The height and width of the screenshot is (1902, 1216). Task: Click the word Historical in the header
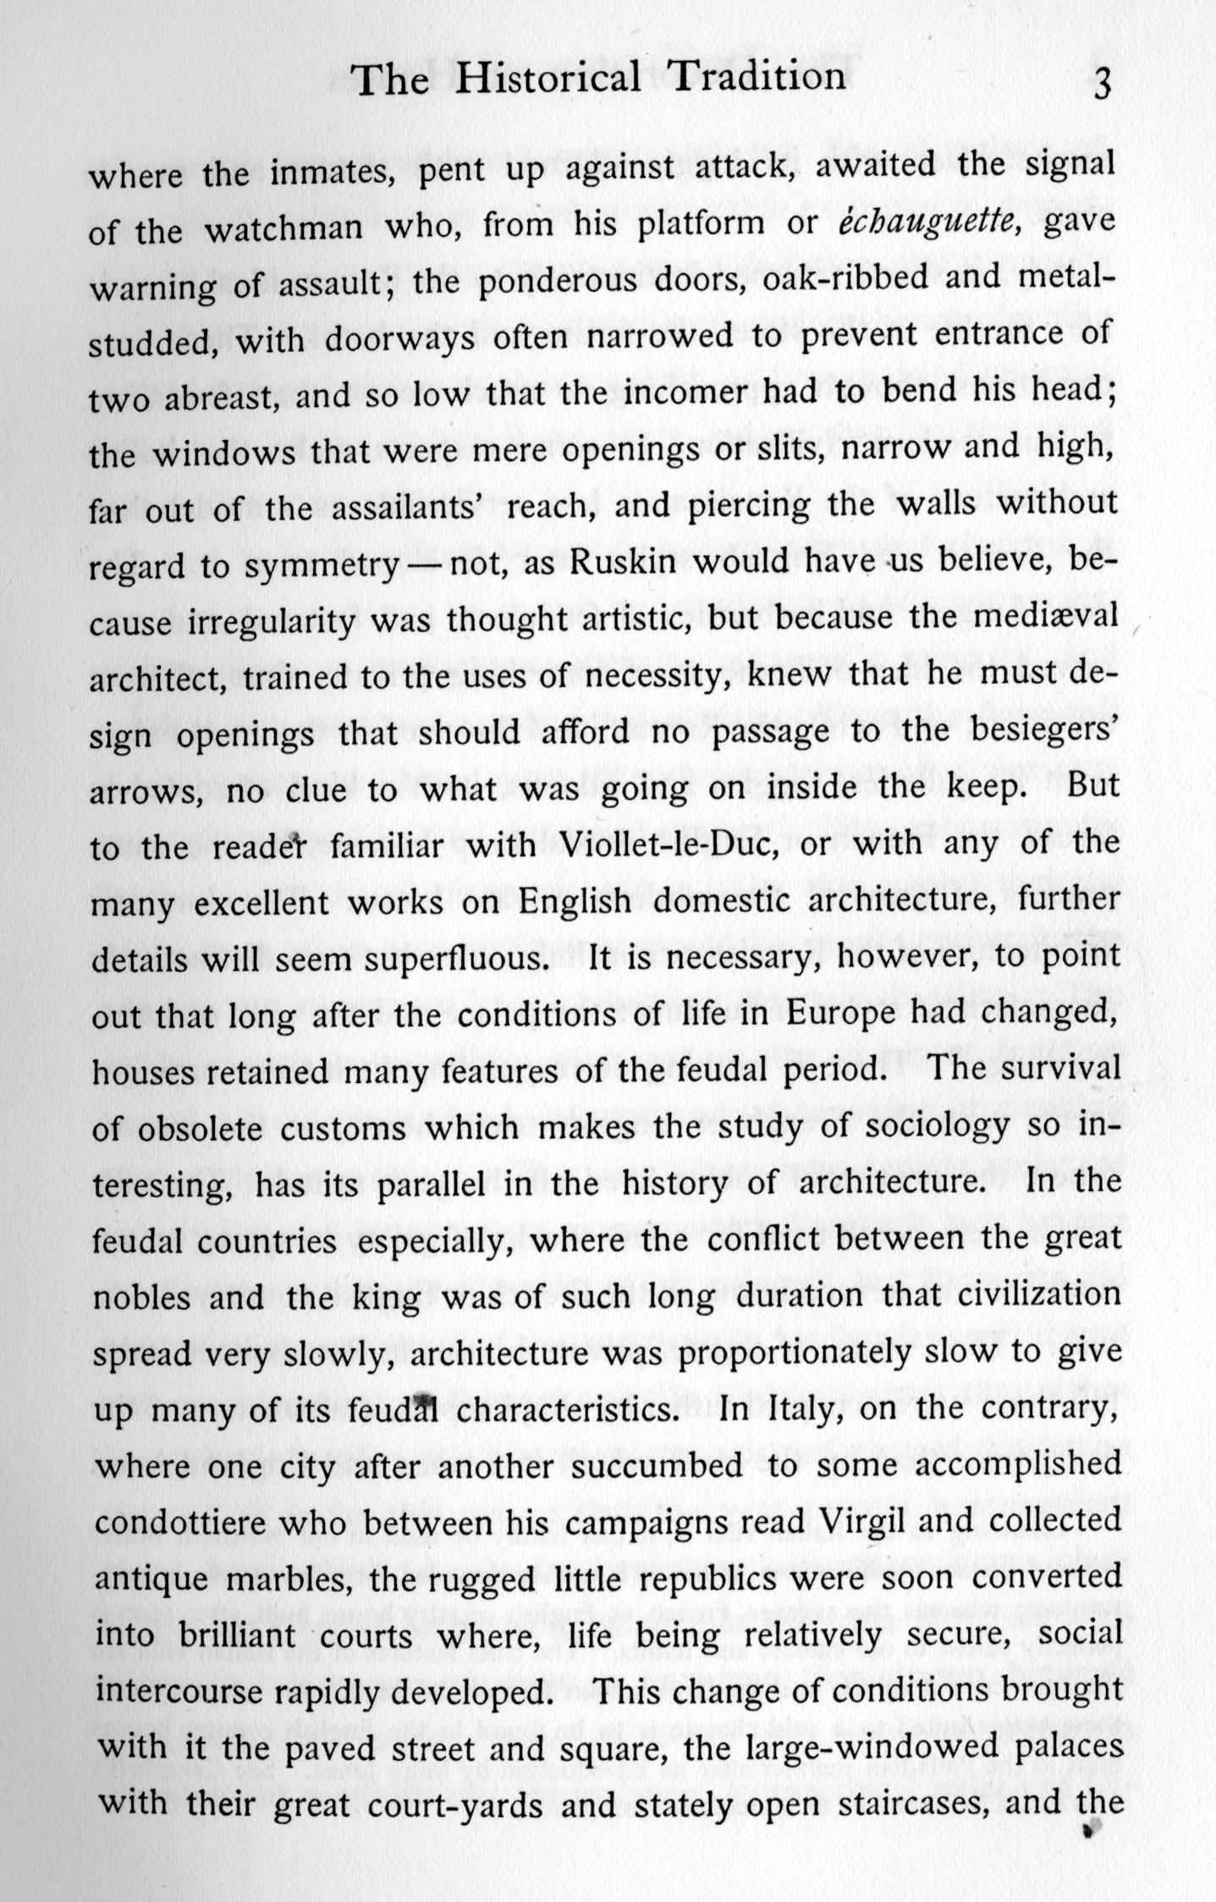click(547, 79)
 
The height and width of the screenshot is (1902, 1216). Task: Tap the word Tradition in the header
click(756, 77)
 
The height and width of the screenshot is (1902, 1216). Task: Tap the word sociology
click(922, 1126)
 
